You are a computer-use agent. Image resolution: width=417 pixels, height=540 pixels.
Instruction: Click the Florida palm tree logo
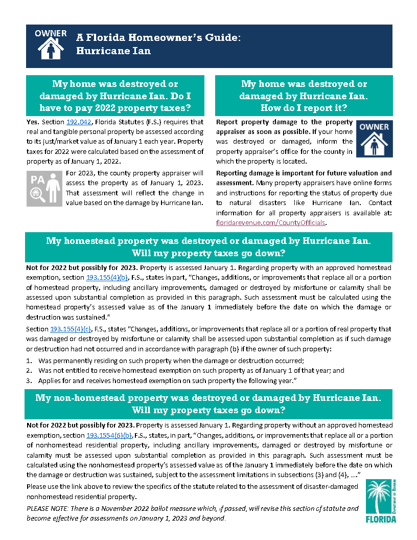coord(381,501)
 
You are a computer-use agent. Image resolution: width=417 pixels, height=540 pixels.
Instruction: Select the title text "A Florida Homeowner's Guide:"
coord(158,38)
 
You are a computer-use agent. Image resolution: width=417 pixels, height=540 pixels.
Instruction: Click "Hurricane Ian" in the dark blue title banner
coord(113,51)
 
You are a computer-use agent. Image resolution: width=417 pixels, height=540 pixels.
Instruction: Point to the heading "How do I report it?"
coord(304,108)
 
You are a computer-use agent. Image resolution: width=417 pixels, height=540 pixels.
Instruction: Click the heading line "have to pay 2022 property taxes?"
coord(115,108)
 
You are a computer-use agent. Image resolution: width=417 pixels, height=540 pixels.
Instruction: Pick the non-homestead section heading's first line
coord(208,398)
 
